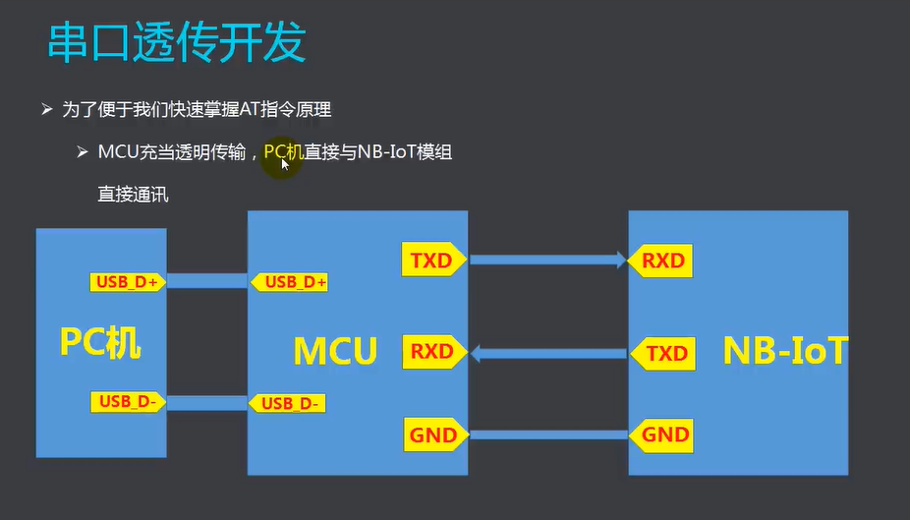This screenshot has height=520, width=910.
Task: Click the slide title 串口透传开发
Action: point(177,43)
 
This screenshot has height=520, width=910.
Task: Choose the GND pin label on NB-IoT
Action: point(664,434)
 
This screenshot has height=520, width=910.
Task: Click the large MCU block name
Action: point(335,351)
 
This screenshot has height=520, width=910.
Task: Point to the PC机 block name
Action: point(100,342)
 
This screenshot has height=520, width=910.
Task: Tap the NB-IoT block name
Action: point(784,351)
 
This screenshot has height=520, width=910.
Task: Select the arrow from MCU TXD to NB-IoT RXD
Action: point(547,260)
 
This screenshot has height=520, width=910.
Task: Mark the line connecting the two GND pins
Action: point(547,434)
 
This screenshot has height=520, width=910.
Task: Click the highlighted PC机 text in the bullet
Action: point(284,152)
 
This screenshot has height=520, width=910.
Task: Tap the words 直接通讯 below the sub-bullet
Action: point(133,194)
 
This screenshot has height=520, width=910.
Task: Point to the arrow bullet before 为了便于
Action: point(46,110)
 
